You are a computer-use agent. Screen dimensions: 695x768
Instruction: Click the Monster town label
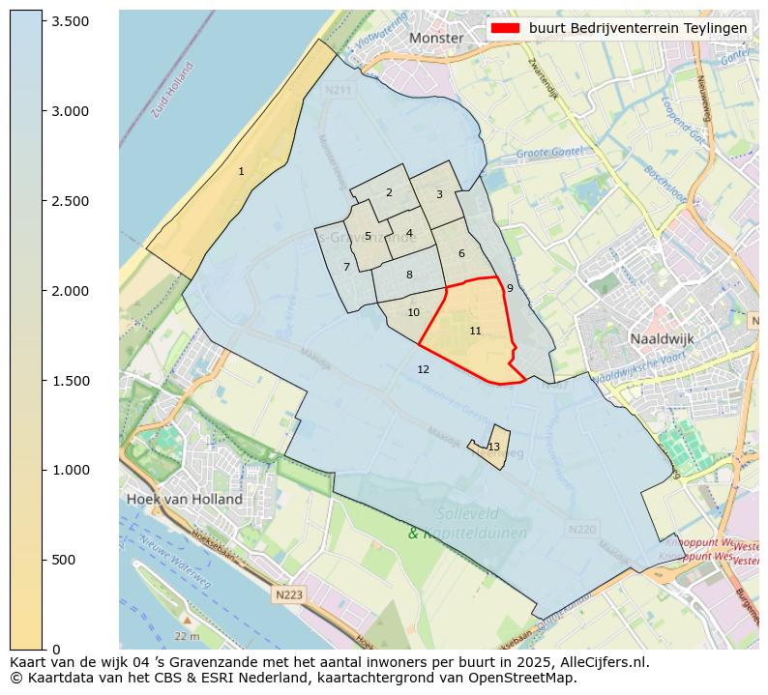click(436, 38)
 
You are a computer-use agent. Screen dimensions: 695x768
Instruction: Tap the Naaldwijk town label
click(662, 339)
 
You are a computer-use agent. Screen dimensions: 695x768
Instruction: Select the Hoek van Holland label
click(184, 499)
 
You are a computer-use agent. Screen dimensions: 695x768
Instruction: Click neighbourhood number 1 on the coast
click(241, 171)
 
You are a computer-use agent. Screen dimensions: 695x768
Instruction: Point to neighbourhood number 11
click(475, 331)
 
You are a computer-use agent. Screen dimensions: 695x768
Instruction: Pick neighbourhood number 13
click(494, 447)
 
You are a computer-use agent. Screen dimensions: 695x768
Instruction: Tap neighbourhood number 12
click(423, 369)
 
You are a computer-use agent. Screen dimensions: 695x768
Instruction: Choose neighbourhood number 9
click(510, 288)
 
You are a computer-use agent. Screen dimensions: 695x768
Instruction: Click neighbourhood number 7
click(346, 267)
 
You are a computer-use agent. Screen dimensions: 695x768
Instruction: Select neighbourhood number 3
click(439, 194)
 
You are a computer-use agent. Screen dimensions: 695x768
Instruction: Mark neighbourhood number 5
click(368, 236)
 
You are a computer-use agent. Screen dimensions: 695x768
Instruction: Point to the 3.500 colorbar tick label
click(70, 21)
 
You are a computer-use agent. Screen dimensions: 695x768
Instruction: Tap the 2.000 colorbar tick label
click(70, 291)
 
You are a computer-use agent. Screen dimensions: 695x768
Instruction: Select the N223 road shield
click(287, 595)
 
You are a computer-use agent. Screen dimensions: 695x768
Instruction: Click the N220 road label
click(582, 530)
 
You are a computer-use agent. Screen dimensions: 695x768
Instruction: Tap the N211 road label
click(339, 90)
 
